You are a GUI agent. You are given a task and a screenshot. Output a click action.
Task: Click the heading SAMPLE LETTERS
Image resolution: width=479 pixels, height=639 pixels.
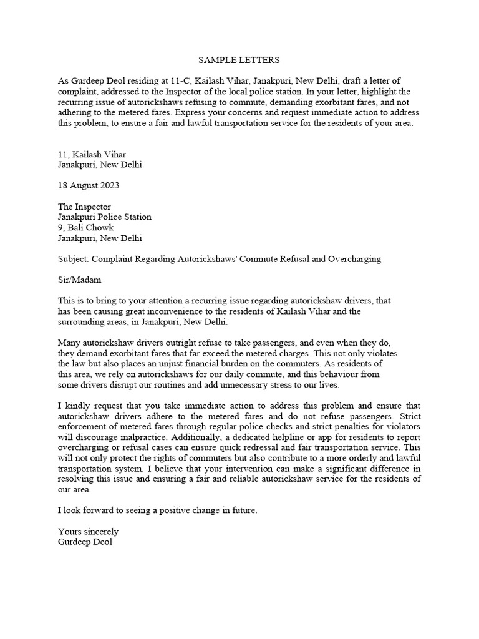pyautogui.click(x=239, y=61)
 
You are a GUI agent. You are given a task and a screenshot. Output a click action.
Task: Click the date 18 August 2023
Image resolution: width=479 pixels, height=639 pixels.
pyautogui.click(x=88, y=185)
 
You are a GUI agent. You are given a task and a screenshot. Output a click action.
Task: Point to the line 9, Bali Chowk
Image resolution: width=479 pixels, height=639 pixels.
pyautogui.click(x=86, y=227)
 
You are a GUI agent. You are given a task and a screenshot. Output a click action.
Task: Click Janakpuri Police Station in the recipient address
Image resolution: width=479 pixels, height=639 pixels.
pyautogui.click(x=105, y=217)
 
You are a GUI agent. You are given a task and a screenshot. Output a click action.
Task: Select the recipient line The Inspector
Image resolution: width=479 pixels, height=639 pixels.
pyautogui.click(x=84, y=207)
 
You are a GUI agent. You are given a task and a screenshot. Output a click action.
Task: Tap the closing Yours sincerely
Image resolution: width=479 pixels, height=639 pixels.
pyautogui.click(x=88, y=531)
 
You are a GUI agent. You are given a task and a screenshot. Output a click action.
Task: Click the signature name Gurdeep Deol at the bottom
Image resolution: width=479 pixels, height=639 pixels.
pyautogui.click(x=85, y=542)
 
